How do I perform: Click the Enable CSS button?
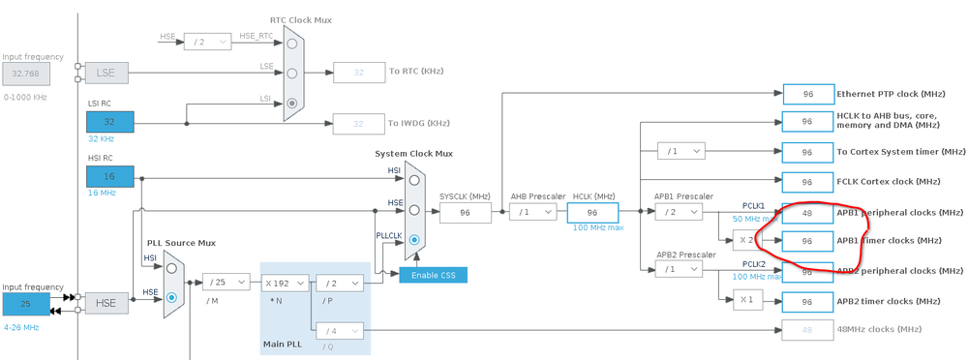(434, 275)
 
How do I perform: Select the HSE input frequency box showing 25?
(27, 304)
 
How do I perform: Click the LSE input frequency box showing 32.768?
(27, 72)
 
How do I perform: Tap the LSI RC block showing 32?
(109, 122)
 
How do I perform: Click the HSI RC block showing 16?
(109, 177)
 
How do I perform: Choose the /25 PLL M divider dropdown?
(225, 283)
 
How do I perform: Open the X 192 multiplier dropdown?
(285, 283)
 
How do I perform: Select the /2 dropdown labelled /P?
(340, 283)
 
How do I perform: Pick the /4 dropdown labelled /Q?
(340, 330)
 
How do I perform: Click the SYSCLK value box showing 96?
(465, 212)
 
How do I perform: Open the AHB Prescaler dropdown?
(533, 212)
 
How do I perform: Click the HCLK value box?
(592, 212)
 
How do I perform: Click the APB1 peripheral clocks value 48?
(806, 212)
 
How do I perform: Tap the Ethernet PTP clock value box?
(806, 94)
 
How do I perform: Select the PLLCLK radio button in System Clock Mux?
(414, 239)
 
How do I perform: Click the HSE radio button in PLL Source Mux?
(172, 298)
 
